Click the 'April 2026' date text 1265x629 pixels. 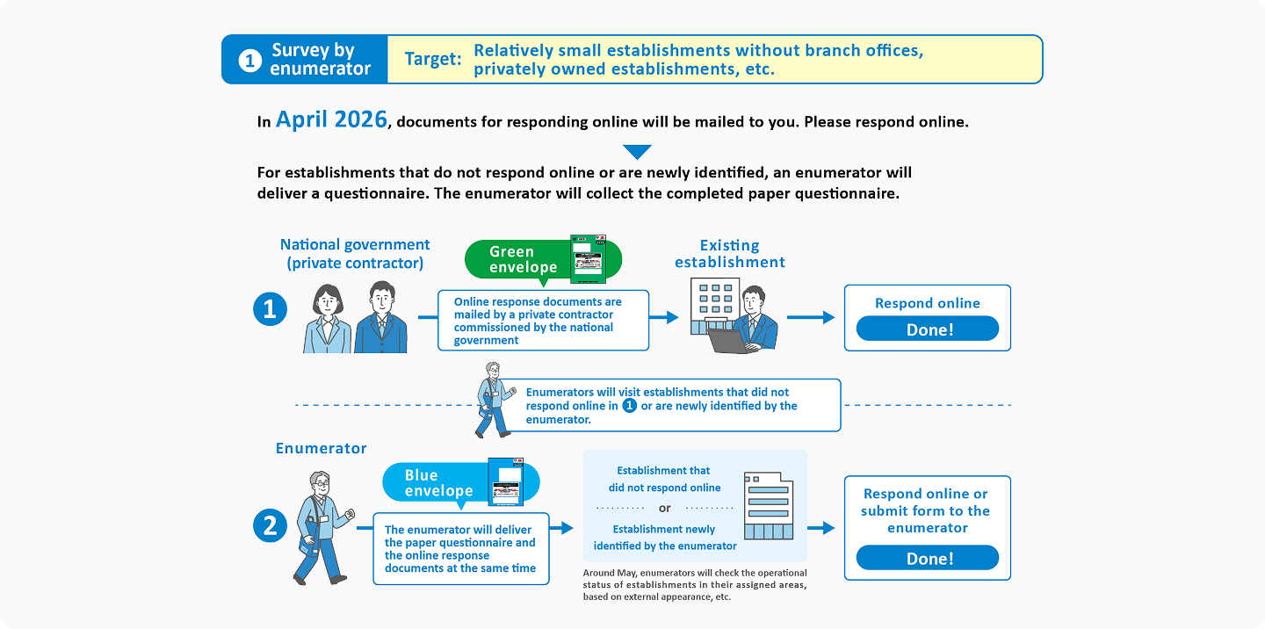331,120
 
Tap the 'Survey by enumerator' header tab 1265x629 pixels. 304,60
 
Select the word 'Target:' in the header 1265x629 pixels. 432,60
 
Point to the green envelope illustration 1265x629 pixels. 589,258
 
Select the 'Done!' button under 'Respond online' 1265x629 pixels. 927,329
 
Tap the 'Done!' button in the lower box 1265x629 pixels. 927,558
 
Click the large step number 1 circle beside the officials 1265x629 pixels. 270,309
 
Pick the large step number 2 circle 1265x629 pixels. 270,525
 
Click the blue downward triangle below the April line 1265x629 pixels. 637,151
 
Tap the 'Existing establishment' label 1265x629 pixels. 729,253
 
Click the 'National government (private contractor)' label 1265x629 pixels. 355,254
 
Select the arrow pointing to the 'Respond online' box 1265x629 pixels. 810,317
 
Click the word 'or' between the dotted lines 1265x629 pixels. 664,509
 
